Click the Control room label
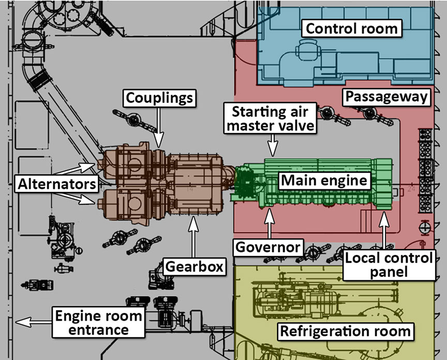click(x=352, y=28)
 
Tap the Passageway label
click(x=388, y=97)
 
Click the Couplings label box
click(x=159, y=97)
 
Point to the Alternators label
click(x=56, y=183)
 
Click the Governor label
click(x=268, y=247)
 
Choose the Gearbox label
click(x=195, y=266)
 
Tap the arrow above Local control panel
click(x=383, y=230)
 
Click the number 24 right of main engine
click(x=412, y=190)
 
